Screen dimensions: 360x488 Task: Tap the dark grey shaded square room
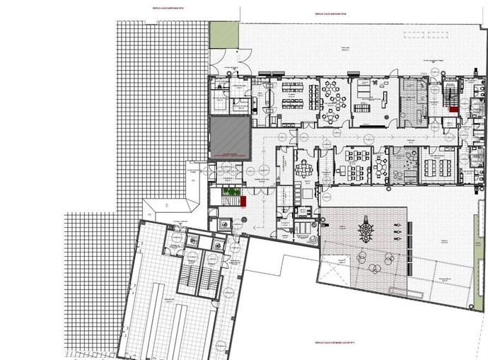tap(231, 137)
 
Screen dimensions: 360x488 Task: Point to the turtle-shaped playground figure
tap(366, 229)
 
